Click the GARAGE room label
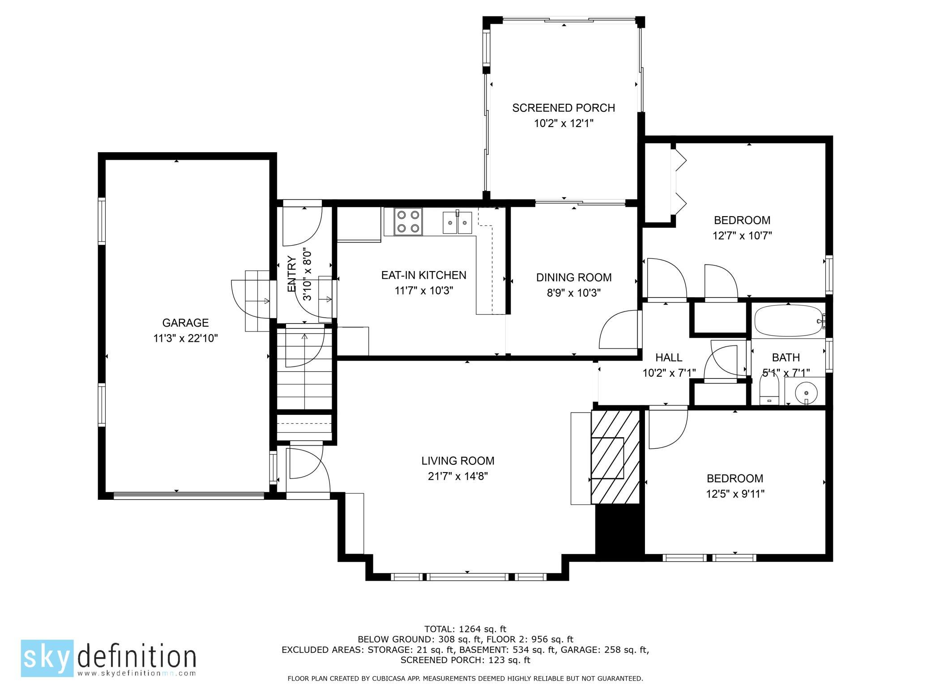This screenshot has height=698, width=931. (x=185, y=323)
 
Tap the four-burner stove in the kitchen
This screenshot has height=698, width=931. (x=408, y=221)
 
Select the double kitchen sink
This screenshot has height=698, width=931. (x=457, y=222)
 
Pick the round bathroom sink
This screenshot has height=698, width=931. (x=806, y=392)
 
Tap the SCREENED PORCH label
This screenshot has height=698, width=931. (x=564, y=108)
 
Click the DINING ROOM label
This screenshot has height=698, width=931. (x=574, y=277)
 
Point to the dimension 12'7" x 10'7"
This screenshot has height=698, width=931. (x=742, y=236)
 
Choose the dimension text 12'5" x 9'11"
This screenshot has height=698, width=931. (x=735, y=494)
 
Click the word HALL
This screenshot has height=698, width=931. (x=669, y=358)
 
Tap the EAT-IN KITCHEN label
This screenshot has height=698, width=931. (x=423, y=275)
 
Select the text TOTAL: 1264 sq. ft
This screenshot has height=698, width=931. (x=465, y=630)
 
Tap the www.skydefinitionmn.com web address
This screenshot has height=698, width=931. (x=137, y=673)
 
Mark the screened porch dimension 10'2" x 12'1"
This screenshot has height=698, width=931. (x=564, y=123)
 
